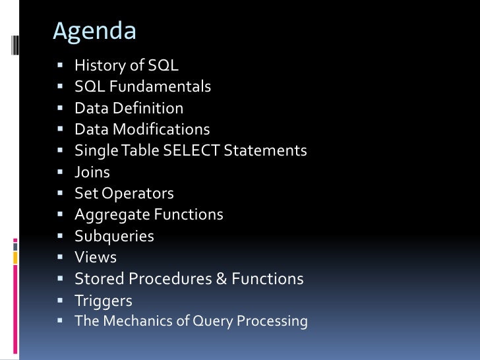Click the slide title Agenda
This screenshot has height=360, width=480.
click(94, 31)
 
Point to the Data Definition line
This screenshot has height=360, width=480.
click(129, 108)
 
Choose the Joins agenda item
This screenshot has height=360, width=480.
click(92, 172)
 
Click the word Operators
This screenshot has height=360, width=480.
click(142, 193)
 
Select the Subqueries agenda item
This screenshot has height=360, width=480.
click(114, 236)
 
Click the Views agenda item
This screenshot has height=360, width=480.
click(96, 257)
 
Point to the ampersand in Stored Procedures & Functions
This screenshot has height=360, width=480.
click(221, 279)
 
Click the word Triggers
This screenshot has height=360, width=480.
click(104, 301)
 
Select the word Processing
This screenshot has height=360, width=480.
click(274, 321)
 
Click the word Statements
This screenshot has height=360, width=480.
click(266, 150)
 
